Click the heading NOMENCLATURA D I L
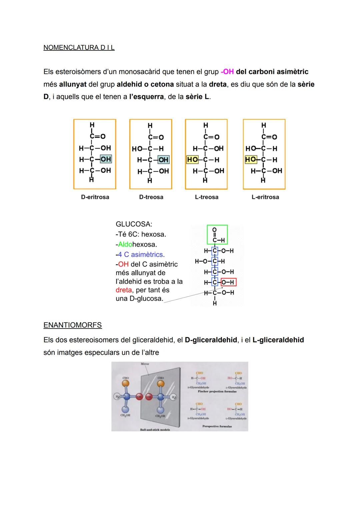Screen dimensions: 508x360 79,48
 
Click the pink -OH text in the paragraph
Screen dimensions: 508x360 227,72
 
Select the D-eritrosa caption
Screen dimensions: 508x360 95,197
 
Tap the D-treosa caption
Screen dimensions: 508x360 151,197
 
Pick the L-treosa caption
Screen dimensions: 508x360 207,197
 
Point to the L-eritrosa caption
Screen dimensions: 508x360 265,197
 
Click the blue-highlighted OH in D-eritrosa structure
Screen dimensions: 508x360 106,159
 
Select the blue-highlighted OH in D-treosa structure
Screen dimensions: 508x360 163,160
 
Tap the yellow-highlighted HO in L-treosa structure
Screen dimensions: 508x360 192,160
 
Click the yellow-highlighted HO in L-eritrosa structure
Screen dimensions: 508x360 250,160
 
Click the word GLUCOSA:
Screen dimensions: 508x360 134,224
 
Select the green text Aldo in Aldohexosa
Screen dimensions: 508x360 125,245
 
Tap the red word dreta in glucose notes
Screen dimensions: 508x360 124,290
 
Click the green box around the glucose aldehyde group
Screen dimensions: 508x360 217,235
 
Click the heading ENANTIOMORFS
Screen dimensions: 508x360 73,325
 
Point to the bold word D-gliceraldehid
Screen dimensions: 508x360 211,340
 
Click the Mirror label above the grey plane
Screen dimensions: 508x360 145,364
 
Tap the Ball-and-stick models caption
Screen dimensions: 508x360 155,430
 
